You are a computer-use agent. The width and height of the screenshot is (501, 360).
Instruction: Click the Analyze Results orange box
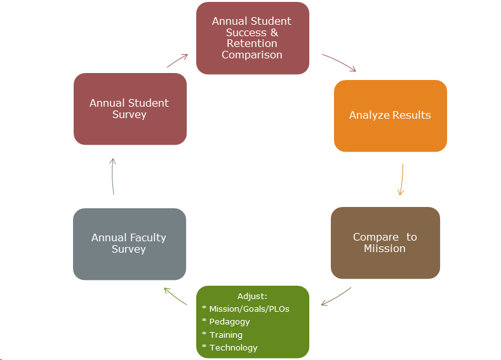(390, 116)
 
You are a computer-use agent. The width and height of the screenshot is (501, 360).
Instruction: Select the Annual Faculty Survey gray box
(130, 244)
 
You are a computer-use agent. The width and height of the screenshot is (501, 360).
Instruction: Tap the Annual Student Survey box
(130, 109)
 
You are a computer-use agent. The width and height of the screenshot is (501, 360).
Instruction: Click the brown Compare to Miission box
(385, 243)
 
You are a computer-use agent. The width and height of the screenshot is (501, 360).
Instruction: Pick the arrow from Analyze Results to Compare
(401, 180)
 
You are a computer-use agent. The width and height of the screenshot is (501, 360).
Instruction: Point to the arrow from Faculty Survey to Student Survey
(113, 176)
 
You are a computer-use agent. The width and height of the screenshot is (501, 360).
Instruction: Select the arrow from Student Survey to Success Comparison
(177, 60)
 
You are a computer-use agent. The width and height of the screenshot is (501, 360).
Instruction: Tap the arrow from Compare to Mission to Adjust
(337, 297)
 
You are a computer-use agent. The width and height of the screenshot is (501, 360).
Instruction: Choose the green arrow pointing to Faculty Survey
(176, 296)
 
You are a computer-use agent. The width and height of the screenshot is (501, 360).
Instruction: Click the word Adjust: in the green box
(252, 297)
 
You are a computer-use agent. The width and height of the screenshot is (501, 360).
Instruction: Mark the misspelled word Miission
(385, 248)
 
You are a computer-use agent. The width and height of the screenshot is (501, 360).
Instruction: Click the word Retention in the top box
(252, 43)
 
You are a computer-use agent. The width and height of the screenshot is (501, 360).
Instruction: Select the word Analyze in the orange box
(368, 116)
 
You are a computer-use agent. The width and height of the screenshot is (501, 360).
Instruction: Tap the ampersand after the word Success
(274, 32)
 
